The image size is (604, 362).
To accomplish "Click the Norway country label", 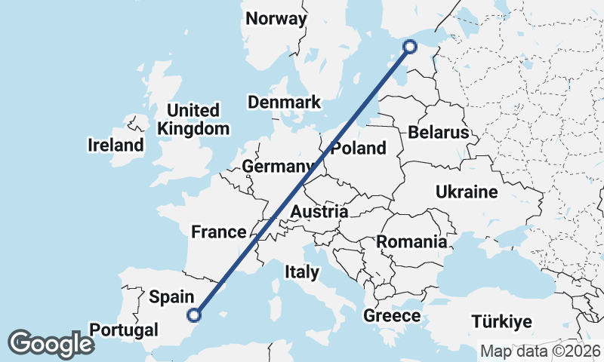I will [x=277, y=19].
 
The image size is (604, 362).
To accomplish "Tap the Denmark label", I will [x=284, y=103].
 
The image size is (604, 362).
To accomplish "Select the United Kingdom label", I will [x=193, y=120].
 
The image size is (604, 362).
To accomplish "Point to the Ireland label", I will [x=116, y=145].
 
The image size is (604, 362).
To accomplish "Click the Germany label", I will [x=278, y=167].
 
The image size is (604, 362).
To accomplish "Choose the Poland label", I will [x=358, y=149].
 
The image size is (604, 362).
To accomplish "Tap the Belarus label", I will [x=439, y=133].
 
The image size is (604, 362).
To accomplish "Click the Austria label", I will [x=319, y=212].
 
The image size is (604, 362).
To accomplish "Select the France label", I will [x=219, y=232].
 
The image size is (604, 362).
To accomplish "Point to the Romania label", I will [x=411, y=242].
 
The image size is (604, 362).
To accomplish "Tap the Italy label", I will [x=301, y=271].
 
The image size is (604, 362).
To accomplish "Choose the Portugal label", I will [x=124, y=330].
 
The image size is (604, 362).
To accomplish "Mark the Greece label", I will [x=392, y=316].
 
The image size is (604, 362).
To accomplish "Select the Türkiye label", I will [x=501, y=322].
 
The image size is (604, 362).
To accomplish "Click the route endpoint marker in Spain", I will [x=195, y=315].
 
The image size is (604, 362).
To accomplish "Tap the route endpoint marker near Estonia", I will [x=410, y=47].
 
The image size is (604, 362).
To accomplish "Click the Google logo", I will [x=51, y=344].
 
